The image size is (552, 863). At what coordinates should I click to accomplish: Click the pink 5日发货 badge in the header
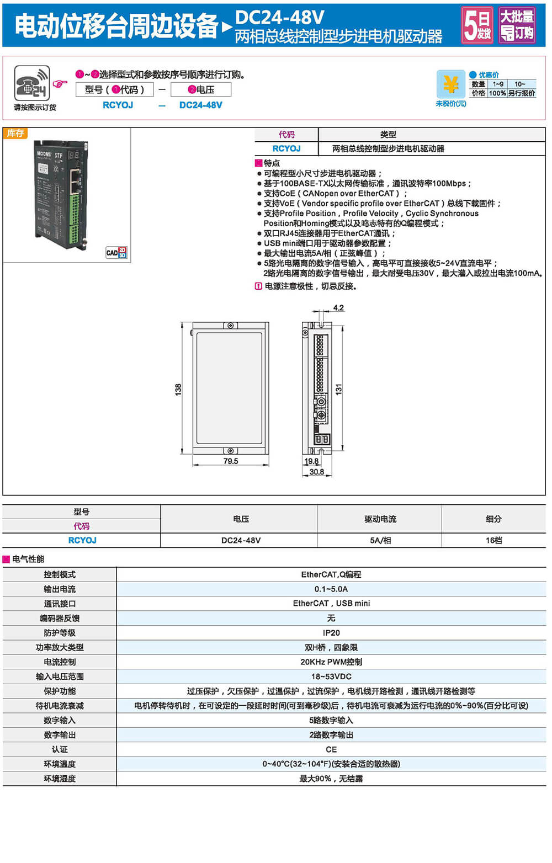pyautogui.click(x=477, y=25)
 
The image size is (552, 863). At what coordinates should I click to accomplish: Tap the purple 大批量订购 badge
pyautogui.click(x=517, y=25)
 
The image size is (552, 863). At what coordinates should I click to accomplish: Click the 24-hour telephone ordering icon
pyautogui.click(x=32, y=83)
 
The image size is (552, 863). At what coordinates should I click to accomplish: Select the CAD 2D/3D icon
pyautogui.click(x=116, y=253)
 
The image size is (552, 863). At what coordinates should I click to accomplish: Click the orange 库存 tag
pyautogui.click(x=15, y=134)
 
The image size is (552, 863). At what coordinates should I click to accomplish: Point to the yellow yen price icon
pyautogui.click(x=450, y=84)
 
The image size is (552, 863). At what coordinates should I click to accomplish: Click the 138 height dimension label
pyautogui.click(x=178, y=389)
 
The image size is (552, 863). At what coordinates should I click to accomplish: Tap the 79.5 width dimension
pyautogui.click(x=231, y=461)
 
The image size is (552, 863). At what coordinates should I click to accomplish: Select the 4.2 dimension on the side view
pyautogui.click(x=338, y=308)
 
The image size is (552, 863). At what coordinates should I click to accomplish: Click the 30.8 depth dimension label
pyautogui.click(x=316, y=472)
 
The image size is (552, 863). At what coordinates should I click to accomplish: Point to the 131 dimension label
pyautogui.click(x=339, y=389)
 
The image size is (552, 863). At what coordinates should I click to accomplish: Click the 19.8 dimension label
pyautogui.click(x=311, y=461)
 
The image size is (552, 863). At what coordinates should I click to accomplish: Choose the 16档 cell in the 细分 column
pyautogui.click(x=493, y=541)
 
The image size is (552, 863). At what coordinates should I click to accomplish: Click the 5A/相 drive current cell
pyautogui.click(x=380, y=541)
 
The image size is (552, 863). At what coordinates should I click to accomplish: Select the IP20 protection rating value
pyautogui.click(x=331, y=633)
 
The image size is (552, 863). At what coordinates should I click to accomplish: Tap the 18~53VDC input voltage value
pyautogui.click(x=331, y=676)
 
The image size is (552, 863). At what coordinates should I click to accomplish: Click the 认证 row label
pyautogui.click(x=60, y=749)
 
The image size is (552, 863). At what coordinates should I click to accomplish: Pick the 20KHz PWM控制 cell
pyautogui.click(x=331, y=662)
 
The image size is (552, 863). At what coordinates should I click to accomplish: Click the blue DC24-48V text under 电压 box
pyautogui.click(x=201, y=105)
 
